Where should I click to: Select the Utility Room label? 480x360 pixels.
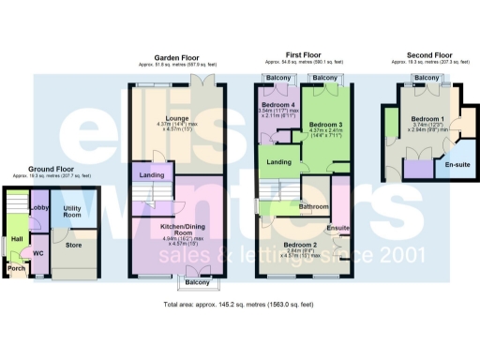tap(73, 212)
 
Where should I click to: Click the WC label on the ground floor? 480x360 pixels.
tap(38, 253)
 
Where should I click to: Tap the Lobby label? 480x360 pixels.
tap(40, 208)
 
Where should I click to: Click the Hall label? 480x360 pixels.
tap(17, 239)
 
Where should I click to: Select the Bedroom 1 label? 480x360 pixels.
tap(427, 119)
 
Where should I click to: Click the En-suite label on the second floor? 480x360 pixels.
tap(457, 163)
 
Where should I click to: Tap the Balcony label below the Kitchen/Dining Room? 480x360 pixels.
tap(196, 282)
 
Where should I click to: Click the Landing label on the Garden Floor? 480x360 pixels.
tap(151, 175)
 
